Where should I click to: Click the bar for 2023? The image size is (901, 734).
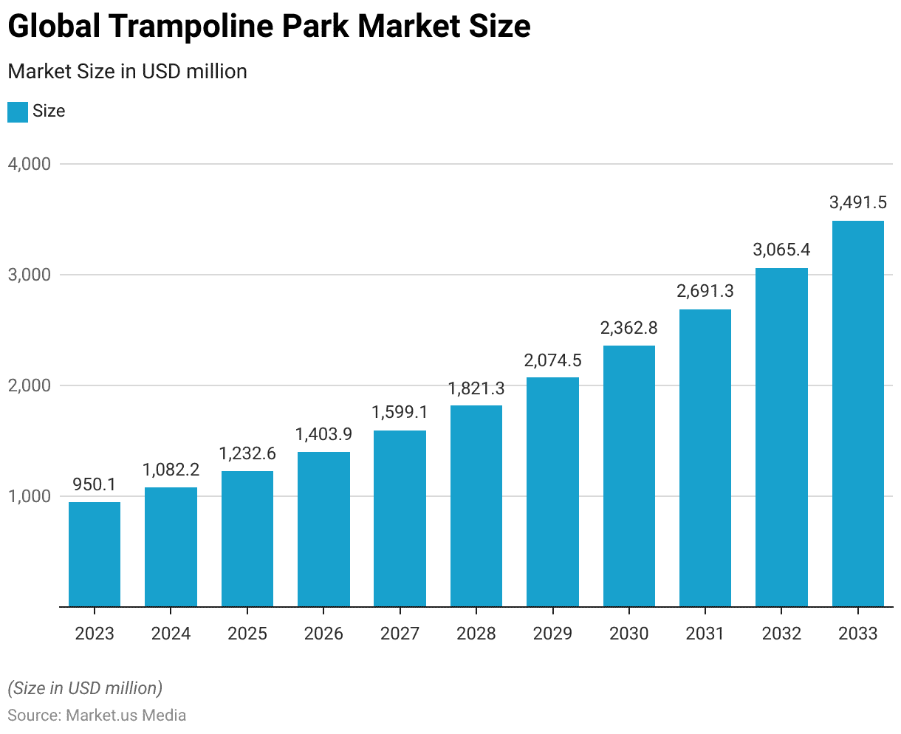click(x=95, y=555)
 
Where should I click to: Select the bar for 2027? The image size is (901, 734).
click(x=400, y=518)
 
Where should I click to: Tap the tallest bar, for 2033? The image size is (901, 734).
click(x=857, y=414)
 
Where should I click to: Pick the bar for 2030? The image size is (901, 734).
click(x=628, y=476)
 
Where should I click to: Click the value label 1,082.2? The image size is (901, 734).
click(x=171, y=470)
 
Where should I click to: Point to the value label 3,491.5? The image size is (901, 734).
click(x=857, y=202)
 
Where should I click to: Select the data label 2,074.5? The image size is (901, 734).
click(x=552, y=360)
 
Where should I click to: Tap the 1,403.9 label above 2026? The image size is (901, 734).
click(x=323, y=434)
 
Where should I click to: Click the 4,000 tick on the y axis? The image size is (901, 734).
click(x=30, y=164)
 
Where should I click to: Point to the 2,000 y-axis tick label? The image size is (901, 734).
click(x=30, y=385)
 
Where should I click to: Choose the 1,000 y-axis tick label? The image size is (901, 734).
click(x=30, y=496)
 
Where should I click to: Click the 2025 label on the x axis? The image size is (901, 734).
click(x=247, y=634)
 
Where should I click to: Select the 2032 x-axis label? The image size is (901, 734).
click(x=781, y=634)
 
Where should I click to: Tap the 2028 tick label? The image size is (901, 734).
click(x=476, y=634)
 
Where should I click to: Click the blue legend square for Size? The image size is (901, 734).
click(x=18, y=112)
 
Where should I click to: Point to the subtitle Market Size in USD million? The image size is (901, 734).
click(x=127, y=72)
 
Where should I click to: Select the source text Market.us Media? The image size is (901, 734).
click(x=126, y=715)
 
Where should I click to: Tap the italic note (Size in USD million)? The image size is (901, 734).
click(x=85, y=688)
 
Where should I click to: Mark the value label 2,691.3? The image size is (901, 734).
click(x=705, y=291)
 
